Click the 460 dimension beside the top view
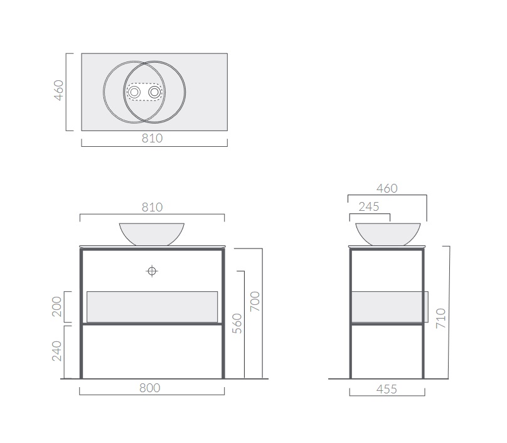(58, 90)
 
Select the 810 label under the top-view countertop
(152, 139)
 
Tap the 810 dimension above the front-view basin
(152, 207)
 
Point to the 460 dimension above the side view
(387, 188)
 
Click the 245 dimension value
(368, 207)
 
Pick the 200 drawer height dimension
(56, 307)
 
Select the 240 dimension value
(56, 351)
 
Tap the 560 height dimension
(237, 323)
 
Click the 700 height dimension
(255, 301)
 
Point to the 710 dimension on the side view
(440, 319)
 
